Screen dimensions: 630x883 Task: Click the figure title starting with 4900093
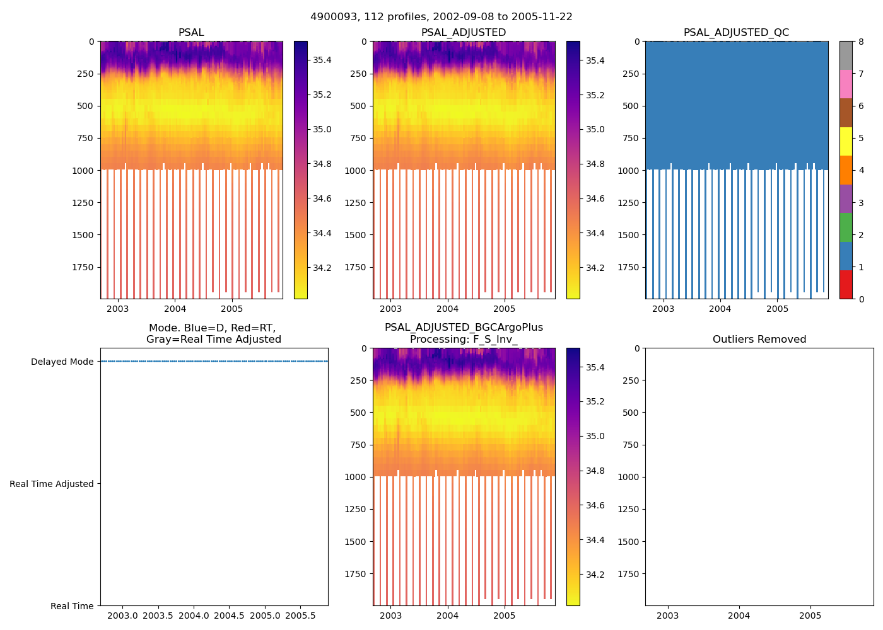[x=441, y=17]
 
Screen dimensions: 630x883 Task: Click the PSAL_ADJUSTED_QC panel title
[x=736, y=33]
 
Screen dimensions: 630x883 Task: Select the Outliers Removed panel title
[x=759, y=340]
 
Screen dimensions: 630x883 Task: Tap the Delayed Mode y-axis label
[x=62, y=362]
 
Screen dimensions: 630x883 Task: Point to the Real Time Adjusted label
[x=51, y=484]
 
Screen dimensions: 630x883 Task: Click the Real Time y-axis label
[x=72, y=606]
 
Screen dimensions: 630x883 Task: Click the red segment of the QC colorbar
[x=846, y=285]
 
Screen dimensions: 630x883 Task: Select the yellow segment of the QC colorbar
[x=846, y=141]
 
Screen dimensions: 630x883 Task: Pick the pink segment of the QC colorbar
[x=846, y=84]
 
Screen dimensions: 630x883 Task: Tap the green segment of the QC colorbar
[x=846, y=227]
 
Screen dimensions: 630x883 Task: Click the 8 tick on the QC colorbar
[x=861, y=42]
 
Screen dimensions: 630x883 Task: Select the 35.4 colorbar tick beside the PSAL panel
[x=322, y=60]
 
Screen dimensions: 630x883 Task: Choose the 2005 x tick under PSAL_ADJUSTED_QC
[x=777, y=309]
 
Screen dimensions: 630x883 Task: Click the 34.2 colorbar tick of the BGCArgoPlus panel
[x=595, y=575]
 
